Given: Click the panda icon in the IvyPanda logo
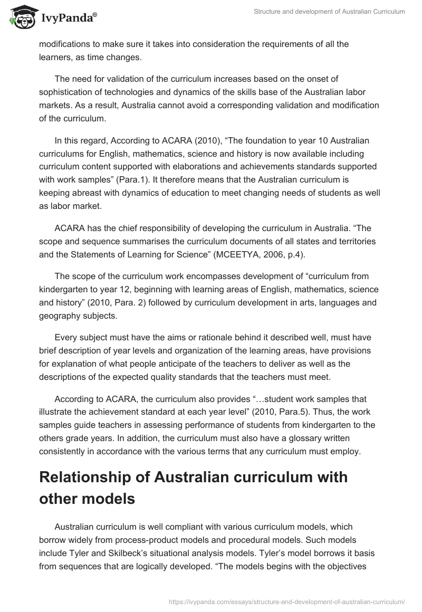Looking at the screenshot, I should pos(19,18).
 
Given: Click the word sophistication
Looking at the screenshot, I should pos(66,92).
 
